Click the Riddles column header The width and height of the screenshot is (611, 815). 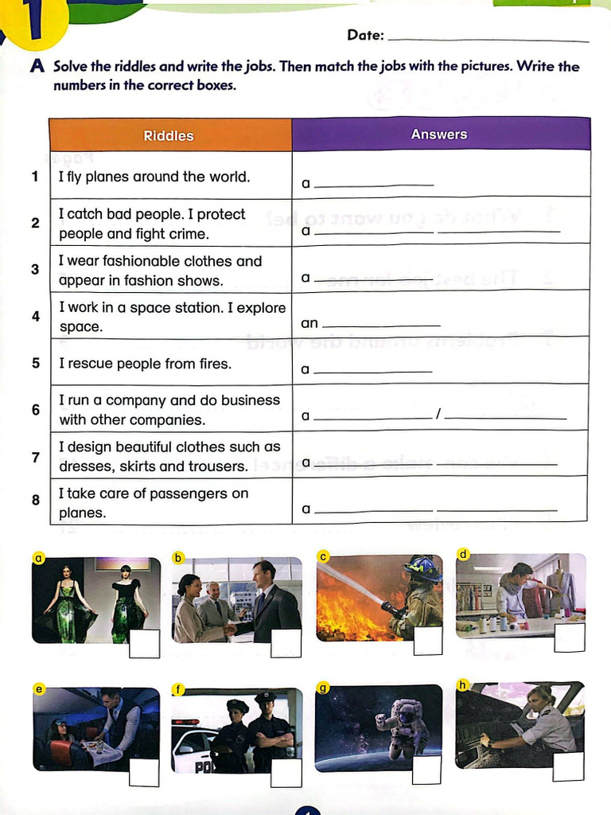point(169,135)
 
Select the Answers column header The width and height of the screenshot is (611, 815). point(439,135)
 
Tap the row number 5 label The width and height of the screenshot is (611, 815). point(36,363)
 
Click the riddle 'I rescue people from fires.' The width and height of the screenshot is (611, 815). point(146,364)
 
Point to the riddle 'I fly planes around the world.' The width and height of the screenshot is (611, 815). point(154,177)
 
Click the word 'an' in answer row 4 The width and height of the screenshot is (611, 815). point(309,323)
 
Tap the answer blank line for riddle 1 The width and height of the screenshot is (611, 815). point(375,185)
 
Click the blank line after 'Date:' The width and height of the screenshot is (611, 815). point(489,40)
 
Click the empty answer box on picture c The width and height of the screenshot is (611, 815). point(428,641)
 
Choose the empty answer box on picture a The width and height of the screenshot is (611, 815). point(144,644)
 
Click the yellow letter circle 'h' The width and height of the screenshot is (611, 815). point(462,684)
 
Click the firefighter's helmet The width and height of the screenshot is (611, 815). point(422,567)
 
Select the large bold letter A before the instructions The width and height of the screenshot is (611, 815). point(37,67)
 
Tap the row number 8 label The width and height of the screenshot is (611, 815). point(36,501)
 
